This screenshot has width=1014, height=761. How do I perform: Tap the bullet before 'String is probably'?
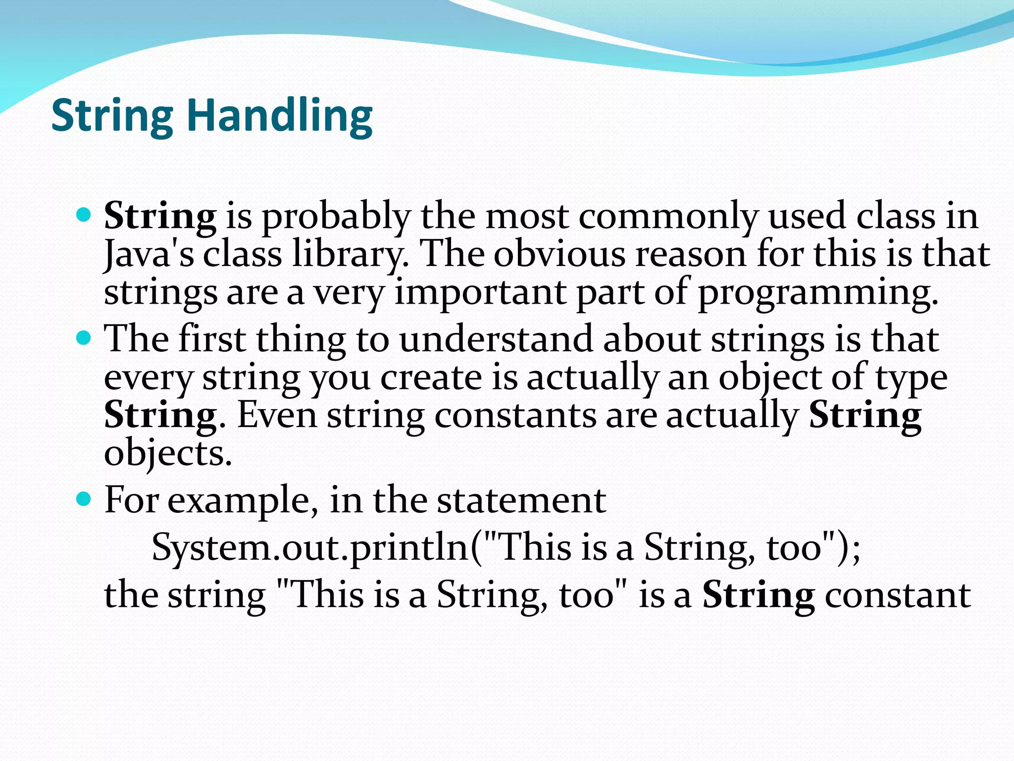[x=85, y=215]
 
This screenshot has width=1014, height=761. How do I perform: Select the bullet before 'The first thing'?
[x=85, y=338]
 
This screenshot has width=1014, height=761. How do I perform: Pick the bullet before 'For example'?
[x=85, y=498]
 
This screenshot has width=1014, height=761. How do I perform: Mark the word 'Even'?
[x=277, y=415]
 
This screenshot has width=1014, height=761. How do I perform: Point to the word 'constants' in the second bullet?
[x=515, y=415]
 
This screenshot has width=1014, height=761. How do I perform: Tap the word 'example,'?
[x=243, y=500]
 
